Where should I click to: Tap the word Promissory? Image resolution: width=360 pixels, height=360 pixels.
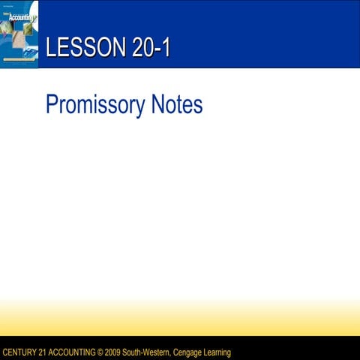click(x=94, y=104)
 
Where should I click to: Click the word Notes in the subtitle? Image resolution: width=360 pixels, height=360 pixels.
click(x=176, y=104)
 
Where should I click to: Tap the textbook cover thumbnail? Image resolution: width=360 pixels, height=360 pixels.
click(x=19, y=34)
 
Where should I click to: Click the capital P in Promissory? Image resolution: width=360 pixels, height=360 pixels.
click(x=52, y=104)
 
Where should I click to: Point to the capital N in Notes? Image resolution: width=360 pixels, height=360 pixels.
click(x=157, y=104)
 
